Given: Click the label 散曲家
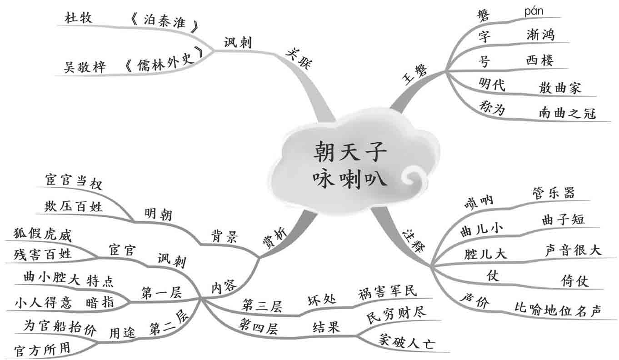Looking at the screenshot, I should point(560,88).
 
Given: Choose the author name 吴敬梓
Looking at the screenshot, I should point(85,67).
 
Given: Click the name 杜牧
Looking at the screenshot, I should point(79,18).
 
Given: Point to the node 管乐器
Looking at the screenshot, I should point(553,193).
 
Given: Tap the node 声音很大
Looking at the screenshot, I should point(573,250).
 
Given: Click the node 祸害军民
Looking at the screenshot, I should point(387,291).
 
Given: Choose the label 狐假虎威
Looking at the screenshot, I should point(43,235).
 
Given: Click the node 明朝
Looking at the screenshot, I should point(158,214).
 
